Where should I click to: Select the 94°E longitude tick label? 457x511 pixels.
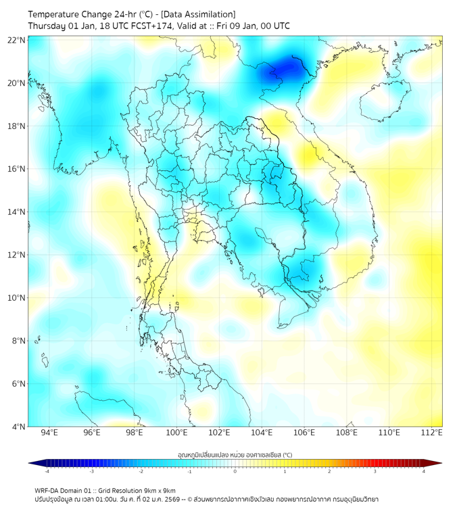point(49,433)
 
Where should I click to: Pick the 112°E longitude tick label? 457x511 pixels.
point(432,433)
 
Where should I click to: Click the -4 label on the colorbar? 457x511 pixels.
point(46,471)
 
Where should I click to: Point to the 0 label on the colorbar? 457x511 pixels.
point(235,471)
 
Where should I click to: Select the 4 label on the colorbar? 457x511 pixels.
point(424,471)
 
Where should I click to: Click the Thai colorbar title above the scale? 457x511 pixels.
point(235,454)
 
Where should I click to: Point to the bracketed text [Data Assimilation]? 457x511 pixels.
point(199,14)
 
